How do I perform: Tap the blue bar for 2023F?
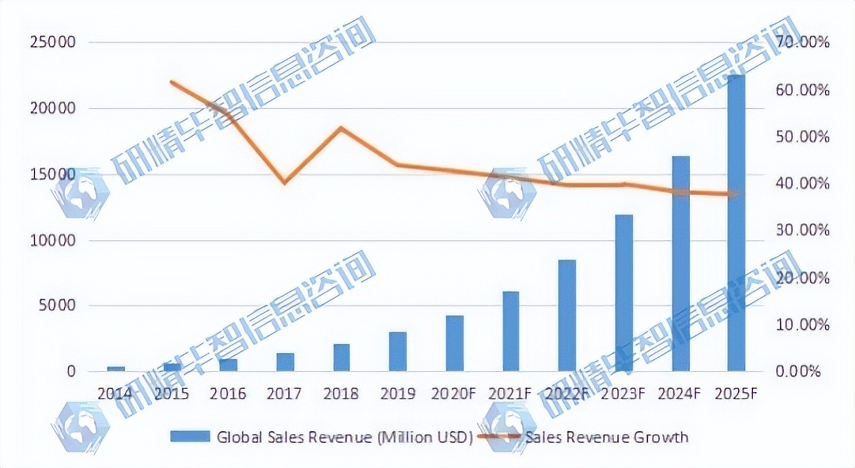[624, 293]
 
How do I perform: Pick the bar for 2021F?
[510, 331]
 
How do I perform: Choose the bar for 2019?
[398, 352]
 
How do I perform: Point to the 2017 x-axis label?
[285, 394]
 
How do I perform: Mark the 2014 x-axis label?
[116, 394]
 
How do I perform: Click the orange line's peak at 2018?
[341, 128]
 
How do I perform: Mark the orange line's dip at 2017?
[285, 183]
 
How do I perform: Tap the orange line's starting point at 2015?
[172, 82]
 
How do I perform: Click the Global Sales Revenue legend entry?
[344, 437]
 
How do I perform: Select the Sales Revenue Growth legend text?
[606, 437]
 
